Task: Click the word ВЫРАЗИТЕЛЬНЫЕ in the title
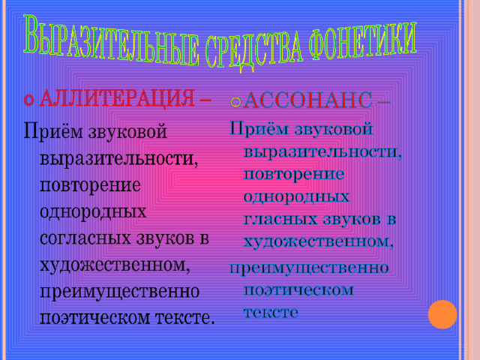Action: click(110, 40)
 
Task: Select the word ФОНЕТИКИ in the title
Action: click(363, 43)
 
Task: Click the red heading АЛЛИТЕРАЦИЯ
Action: click(117, 98)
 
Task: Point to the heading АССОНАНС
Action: click(307, 100)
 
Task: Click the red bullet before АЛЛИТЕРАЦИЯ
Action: click(28, 100)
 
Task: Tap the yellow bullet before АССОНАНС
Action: click(235, 102)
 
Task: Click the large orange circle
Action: click(442, 314)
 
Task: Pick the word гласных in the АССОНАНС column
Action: click(280, 220)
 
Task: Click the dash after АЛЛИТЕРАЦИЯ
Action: click(205, 100)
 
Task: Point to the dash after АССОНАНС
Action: click(384, 102)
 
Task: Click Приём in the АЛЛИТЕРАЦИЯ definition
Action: click(53, 132)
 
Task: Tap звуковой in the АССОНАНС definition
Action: click(334, 129)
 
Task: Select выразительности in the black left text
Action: click(118, 159)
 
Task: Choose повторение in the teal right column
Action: click(294, 175)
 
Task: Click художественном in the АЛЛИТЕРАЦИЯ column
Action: click(115, 265)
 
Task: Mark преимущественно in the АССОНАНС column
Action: click(309, 268)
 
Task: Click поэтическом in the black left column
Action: click(95, 318)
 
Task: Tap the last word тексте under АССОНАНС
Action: click(271, 313)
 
